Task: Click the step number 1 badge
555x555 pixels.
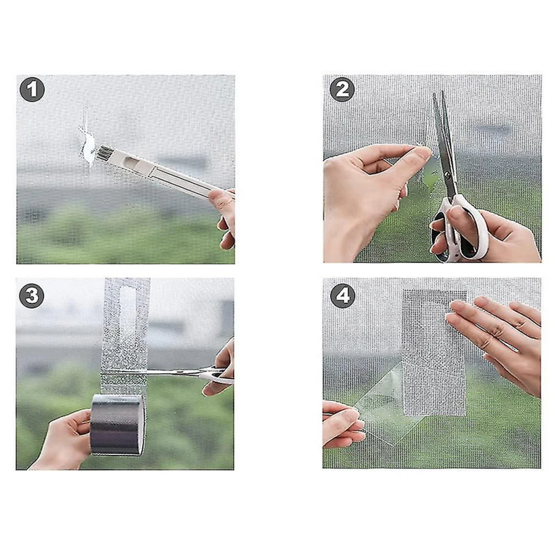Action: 32,89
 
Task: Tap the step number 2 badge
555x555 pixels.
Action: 342,89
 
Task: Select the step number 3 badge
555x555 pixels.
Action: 32,295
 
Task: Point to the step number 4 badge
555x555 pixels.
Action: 343,295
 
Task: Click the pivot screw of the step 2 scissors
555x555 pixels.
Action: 447,174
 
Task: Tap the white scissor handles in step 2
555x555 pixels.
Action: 460,230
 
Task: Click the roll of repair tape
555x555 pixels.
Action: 118,425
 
